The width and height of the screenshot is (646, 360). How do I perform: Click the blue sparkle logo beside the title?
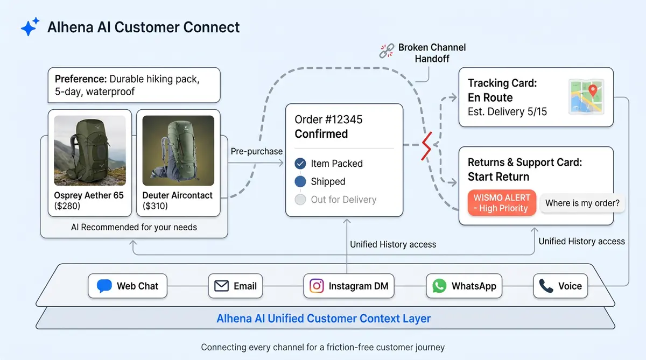[30, 26]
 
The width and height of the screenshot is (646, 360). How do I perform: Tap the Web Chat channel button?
[128, 286]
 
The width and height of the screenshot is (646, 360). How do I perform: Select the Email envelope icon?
[221, 286]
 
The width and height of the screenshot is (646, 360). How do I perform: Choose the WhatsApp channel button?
[464, 286]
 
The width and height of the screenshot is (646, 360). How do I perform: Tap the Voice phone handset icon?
[546, 286]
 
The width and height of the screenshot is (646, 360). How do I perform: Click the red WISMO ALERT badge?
[502, 203]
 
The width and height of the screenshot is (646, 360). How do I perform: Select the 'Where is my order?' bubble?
[582, 203]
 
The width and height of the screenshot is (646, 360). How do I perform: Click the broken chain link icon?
[387, 51]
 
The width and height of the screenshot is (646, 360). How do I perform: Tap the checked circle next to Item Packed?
[300, 164]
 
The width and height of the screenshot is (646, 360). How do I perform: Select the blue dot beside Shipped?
[300, 181]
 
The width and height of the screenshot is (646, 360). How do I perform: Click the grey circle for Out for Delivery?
[300, 200]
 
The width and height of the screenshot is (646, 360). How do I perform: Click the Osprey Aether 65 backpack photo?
[90, 150]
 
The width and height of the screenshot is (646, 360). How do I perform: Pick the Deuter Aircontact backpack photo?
[178, 150]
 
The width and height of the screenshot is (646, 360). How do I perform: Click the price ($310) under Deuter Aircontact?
[155, 206]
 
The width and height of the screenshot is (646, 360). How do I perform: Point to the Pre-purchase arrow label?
[257, 151]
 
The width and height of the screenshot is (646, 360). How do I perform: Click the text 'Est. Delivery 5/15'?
[507, 112]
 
